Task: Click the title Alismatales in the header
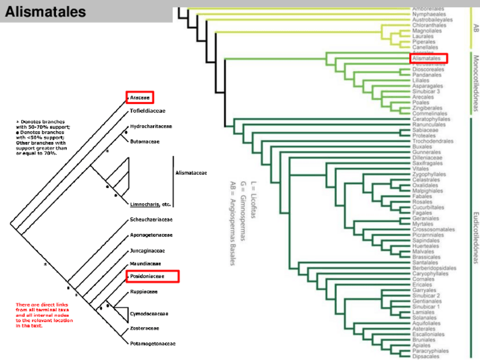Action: (x=46, y=11)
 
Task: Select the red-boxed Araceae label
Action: (x=140, y=97)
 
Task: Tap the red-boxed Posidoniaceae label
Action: (x=152, y=276)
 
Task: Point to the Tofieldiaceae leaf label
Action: (x=148, y=112)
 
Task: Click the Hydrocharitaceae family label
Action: (x=151, y=126)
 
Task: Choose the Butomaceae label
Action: (x=144, y=141)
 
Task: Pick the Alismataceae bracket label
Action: (x=191, y=173)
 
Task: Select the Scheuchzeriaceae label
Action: (x=151, y=219)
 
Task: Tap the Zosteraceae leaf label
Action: (x=144, y=328)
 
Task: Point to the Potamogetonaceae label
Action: (x=153, y=344)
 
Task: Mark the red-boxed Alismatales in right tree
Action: (x=427, y=58)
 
